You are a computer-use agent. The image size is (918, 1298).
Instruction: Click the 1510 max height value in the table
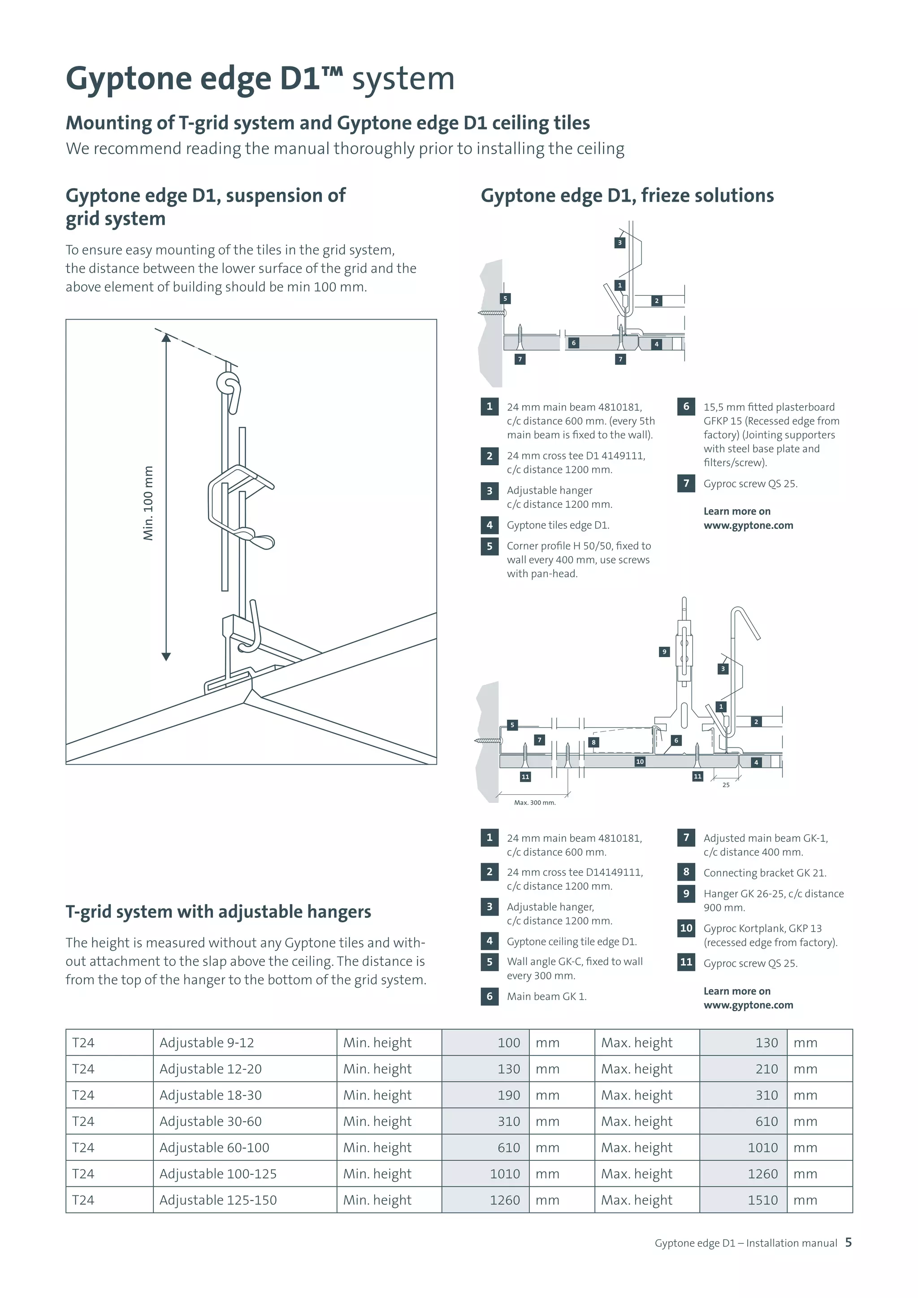tap(762, 1200)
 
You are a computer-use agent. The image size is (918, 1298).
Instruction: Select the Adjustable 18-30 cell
tap(210, 1095)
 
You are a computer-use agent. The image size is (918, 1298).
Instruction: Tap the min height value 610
tap(508, 1147)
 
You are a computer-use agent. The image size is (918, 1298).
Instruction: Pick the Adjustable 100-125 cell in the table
tap(218, 1174)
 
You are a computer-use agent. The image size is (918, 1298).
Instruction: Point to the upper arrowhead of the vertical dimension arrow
tap(165, 338)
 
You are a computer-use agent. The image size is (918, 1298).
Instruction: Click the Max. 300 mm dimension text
tap(534, 803)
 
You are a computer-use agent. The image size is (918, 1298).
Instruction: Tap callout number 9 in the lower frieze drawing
tap(664, 652)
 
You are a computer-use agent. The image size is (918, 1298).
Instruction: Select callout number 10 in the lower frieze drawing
tap(640, 761)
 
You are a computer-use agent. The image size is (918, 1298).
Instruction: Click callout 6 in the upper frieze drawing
tap(573, 342)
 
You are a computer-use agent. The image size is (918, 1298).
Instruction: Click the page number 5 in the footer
tap(848, 1242)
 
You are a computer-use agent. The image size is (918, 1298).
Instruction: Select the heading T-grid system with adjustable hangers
tap(218, 912)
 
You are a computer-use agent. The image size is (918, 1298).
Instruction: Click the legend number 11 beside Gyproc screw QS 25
tap(686, 962)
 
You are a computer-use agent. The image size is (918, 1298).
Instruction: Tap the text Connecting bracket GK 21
tap(764, 873)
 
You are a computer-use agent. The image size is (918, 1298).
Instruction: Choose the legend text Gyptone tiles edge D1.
tap(557, 525)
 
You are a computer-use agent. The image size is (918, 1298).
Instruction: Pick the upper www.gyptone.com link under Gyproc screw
tap(748, 525)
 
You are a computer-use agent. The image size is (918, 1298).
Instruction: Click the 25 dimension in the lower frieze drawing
tap(726, 785)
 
